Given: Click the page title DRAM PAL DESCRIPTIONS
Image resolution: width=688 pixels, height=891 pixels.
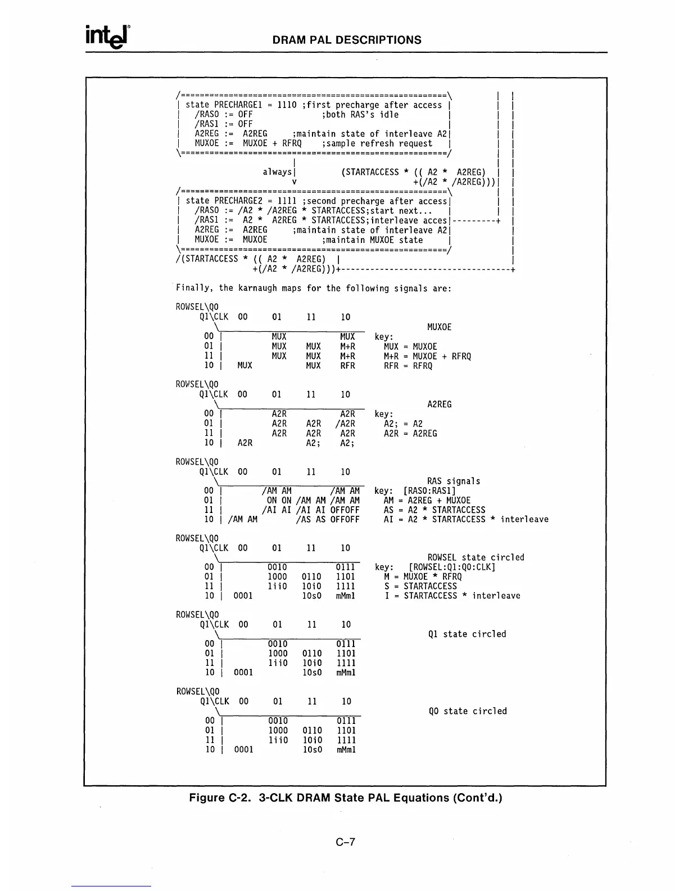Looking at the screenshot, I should (346, 40).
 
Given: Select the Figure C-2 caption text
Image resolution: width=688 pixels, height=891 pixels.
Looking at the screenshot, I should (345, 798).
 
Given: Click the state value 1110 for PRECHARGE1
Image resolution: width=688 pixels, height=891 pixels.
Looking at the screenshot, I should (287, 105).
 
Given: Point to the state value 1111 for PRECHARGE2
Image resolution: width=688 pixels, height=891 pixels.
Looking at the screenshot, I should (287, 201).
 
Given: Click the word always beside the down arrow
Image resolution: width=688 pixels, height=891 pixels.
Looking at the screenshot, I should (277, 172).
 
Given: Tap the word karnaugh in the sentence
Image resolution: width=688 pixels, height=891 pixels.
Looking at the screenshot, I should (262, 289).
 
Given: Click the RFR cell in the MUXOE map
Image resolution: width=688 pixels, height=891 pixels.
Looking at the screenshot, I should (347, 366).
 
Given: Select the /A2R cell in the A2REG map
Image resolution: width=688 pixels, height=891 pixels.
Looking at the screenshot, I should (345, 424).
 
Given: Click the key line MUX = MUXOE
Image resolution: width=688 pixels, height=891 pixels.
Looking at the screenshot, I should (410, 347).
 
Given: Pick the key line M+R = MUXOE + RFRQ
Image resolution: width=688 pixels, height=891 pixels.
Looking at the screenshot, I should (427, 357).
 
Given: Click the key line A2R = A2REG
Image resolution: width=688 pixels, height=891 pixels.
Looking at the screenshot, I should (410, 434).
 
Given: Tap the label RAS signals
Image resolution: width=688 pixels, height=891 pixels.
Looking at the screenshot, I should (454, 481).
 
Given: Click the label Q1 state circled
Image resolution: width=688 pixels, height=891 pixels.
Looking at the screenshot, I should (467, 634).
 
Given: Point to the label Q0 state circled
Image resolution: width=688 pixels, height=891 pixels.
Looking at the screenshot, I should (467, 712).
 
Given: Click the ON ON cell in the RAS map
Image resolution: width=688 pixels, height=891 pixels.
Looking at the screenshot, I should (279, 501).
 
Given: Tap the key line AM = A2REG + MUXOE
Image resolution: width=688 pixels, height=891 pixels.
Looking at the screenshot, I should (427, 501).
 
